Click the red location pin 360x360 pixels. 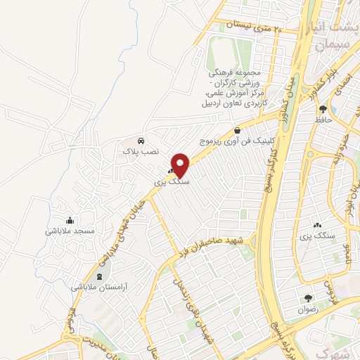[x=181, y=164]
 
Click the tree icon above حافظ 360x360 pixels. [x=323, y=109]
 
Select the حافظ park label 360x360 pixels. [x=323, y=120]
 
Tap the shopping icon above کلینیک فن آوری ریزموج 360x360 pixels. [x=237, y=130]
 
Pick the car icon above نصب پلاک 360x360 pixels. [x=142, y=140]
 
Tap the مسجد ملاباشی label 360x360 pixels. [x=70, y=231]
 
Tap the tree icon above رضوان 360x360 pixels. [x=307, y=298]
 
